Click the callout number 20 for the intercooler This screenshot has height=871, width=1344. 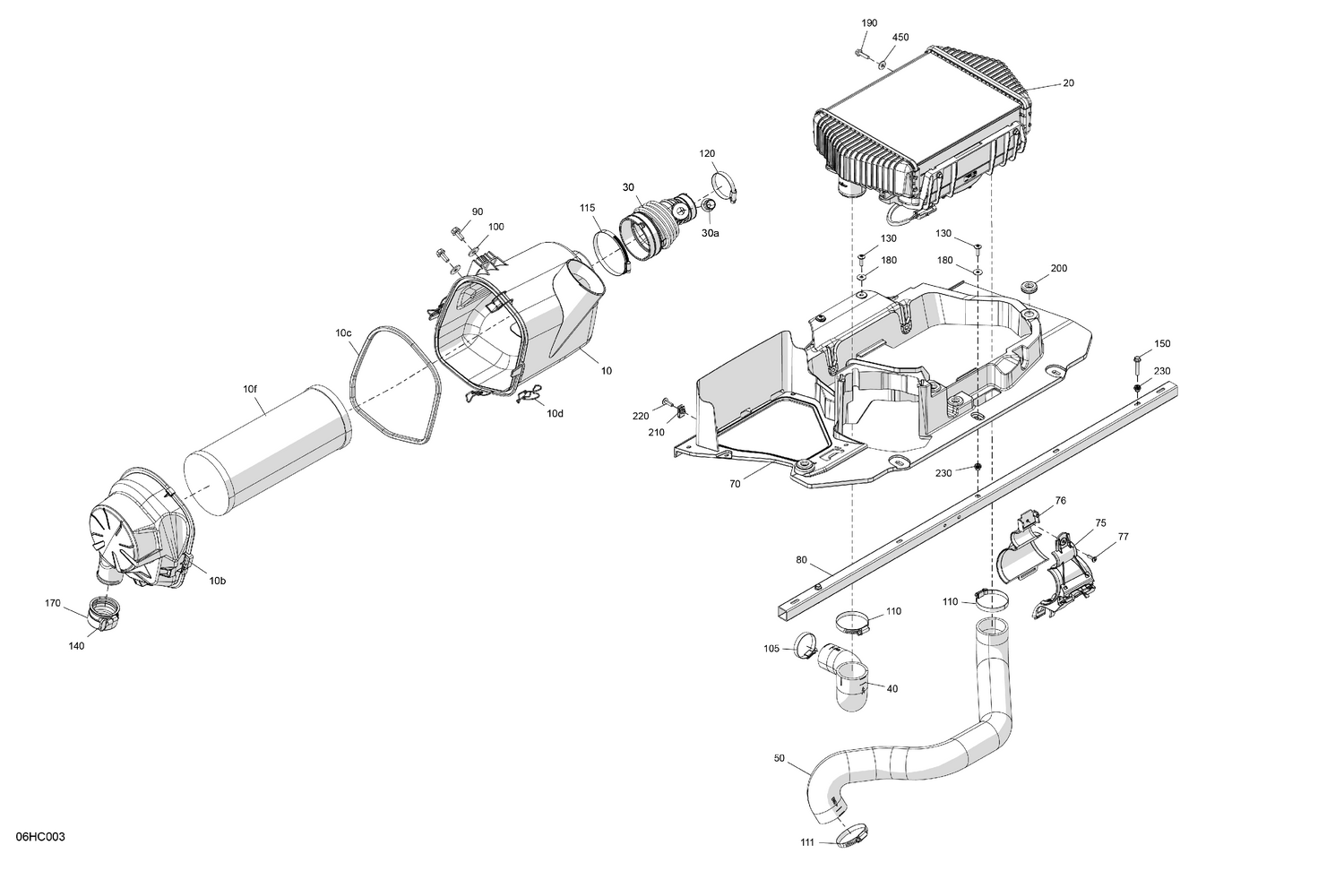pos(1068,83)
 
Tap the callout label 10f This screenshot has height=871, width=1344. pos(249,389)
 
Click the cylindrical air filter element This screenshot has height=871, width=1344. pos(269,450)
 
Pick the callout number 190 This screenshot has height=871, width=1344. pos(869,22)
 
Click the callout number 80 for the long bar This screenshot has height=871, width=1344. pos(801,561)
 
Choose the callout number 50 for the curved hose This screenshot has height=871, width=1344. pos(779,758)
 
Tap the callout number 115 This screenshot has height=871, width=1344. pos(587,208)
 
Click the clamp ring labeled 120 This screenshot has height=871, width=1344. pos(725,187)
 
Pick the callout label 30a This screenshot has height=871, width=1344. pos(710,233)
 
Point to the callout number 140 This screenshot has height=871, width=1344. pos(76,646)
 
